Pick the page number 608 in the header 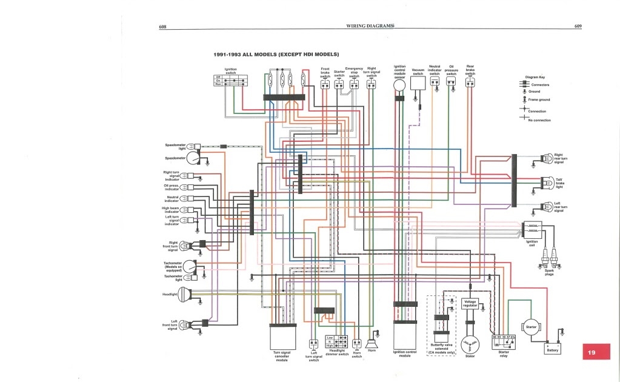click(162, 27)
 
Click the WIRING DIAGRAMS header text click(370, 27)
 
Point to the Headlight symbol click(184, 295)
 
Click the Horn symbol click(372, 344)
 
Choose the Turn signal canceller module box click(282, 337)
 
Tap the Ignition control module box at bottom click(405, 337)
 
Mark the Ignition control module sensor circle click(399, 87)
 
